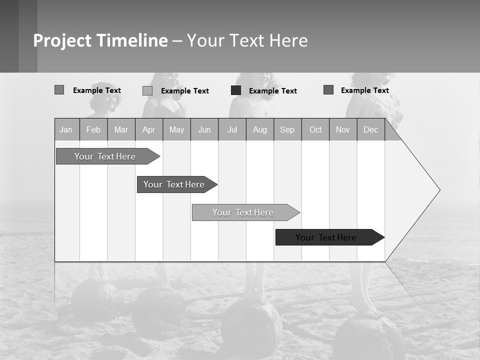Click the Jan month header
pos(66,129)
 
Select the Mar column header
pos(121,129)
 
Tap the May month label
pos(176,129)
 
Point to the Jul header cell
pos(232,129)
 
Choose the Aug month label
pos(260,129)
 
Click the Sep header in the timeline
pos(287,129)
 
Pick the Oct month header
pos(315,129)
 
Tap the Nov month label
pos(343,129)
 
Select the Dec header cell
pos(371,129)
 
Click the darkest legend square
pos(236,90)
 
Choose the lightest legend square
pos(147,90)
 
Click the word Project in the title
pos(63,40)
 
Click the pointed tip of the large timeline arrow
pos(439,190)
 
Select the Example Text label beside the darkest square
pos(273,90)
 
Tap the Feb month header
pos(93,129)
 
